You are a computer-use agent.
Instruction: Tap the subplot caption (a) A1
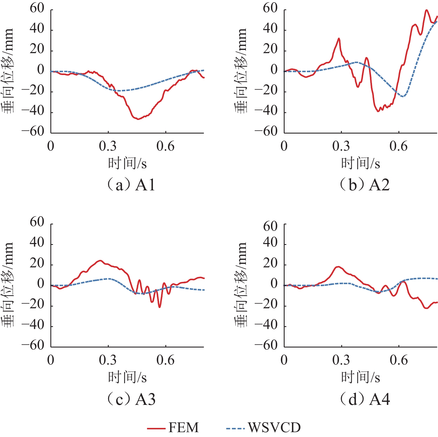(x=131, y=185)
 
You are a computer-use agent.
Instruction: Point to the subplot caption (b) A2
(x=365, y=185)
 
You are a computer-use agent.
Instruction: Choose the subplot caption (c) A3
(x=131, y=399)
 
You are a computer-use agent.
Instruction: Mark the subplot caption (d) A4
(x=365, y=399)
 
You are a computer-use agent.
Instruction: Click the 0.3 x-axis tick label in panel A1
(x=108, y=146)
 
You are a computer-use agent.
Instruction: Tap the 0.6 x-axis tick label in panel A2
(x=398, y=146)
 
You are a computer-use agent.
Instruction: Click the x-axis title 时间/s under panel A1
(x=127, y=163)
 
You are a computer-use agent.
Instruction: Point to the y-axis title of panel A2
(x=240, y=71)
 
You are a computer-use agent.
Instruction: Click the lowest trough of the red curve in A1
(x=138, y=119)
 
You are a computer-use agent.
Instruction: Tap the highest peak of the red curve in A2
(x=426, y=10)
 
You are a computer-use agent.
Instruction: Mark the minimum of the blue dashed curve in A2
(x=403, y=97)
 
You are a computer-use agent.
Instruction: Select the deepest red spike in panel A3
(x=159, y=307)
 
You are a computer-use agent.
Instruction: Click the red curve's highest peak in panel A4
(x=338, y=267)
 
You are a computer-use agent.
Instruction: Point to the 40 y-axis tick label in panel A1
(x=37, y=29)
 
